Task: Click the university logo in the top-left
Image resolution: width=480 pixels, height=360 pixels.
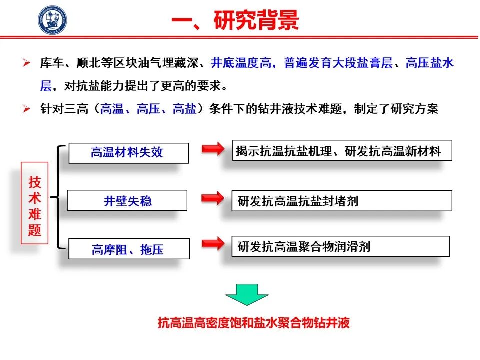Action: point(52,20)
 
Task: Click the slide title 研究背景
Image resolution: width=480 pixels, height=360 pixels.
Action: point(256,20)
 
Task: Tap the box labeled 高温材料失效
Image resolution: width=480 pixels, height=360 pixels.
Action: point(129,153)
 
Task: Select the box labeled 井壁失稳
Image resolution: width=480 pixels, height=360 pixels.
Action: point(127,200)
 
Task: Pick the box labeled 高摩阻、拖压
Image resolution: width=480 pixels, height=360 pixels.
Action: point(129,249)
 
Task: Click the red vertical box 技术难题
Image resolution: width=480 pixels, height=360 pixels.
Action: point(35,203)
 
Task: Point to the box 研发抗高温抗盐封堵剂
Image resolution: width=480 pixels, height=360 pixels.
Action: point(342,201)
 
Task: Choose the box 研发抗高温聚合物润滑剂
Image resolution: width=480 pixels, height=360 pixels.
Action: point(340,246)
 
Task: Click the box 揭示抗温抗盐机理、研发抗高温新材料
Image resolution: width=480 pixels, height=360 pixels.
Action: point(342,150)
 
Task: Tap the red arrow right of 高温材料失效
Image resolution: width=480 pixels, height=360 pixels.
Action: point(213,149)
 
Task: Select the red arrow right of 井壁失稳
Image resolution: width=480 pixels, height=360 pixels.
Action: point(213,198)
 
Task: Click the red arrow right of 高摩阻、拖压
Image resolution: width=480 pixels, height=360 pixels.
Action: point(213,243)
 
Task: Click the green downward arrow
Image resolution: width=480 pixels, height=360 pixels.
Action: point(247,294)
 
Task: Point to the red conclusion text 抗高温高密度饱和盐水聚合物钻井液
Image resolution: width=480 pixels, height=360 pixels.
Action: point(254,323)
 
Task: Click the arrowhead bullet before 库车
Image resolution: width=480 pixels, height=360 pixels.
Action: point(26,63)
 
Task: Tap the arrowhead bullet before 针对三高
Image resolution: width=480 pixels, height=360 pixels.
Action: point(26,108)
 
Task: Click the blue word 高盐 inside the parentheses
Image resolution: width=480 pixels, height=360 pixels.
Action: point(185,109)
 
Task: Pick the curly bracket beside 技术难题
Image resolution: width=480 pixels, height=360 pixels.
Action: point(58,197)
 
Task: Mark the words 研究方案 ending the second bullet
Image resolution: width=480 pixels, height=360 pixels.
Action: point(414,109)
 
